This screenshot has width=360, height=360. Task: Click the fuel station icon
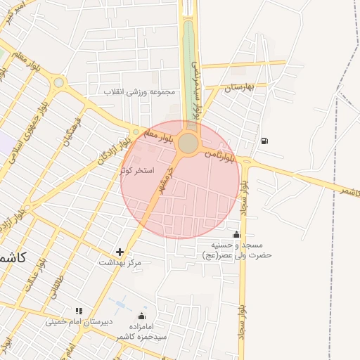click(264, 140)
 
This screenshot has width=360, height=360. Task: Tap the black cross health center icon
click(120, 252)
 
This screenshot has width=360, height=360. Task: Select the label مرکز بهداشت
click(120, 262)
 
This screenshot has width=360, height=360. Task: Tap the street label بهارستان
click(238, 88)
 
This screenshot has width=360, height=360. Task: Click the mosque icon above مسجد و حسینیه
click(236, 235)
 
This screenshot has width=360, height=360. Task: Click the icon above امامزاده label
click(142, 316)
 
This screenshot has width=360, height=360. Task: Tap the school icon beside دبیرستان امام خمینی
click(79, 311)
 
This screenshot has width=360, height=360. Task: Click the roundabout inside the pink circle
click(188, 143)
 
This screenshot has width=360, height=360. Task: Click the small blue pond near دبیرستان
click(117, 304)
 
